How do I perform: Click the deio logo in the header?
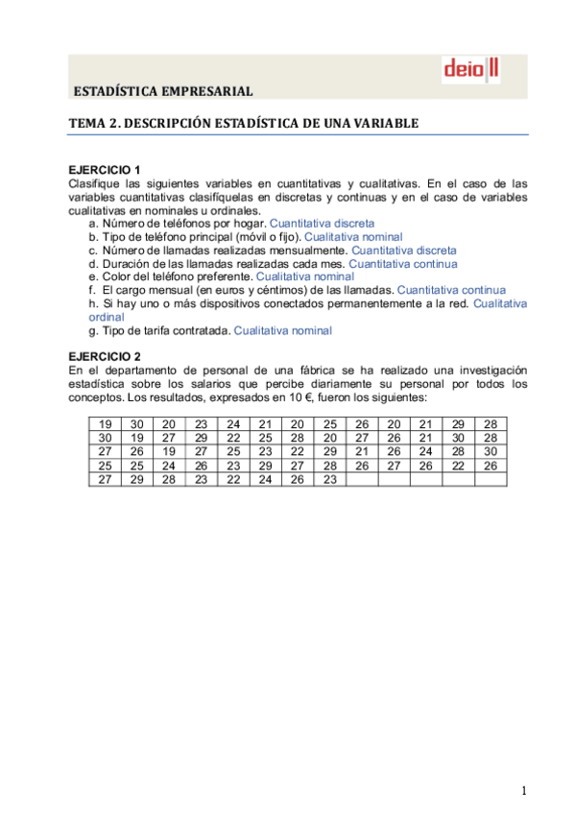[470, 70]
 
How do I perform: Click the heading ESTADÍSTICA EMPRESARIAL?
[163, 92]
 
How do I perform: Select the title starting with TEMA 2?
[243, 123]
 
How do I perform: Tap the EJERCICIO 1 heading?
[106, 169]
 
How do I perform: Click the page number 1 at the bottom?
[524, 790]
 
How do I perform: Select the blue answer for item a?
[322, 223]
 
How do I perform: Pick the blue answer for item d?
[402, 263]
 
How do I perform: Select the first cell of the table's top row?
[105, 424]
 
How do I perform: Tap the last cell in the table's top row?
[491, 424]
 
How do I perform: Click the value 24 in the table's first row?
[233, 424]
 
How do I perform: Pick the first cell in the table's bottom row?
[105, 479]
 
